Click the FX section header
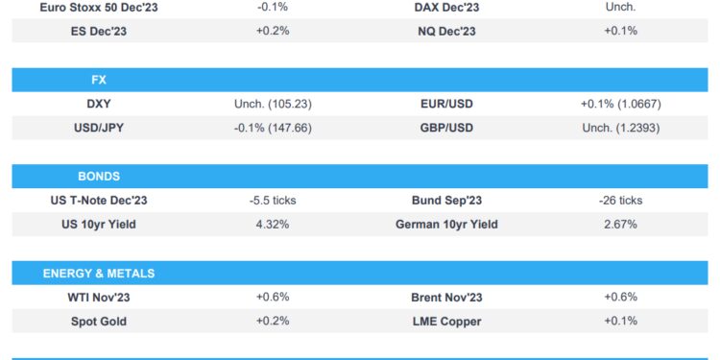coord(99,80)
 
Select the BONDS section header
coord(99,177)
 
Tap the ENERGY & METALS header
coord(99,274)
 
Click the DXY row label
coord(99,104)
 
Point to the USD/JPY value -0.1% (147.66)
coord(273,128)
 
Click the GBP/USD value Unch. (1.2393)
coord(620,128)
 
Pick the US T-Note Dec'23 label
coord(99,201)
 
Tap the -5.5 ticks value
coord(273,201)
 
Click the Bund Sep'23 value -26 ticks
coord(620,201)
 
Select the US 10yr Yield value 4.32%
coord(273,225)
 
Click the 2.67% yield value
coord(620,225)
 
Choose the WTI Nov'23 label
coord(99,298)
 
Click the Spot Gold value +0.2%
coord(273,322)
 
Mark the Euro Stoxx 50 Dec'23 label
coord(99,7)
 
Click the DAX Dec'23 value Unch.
coord(620,7)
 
